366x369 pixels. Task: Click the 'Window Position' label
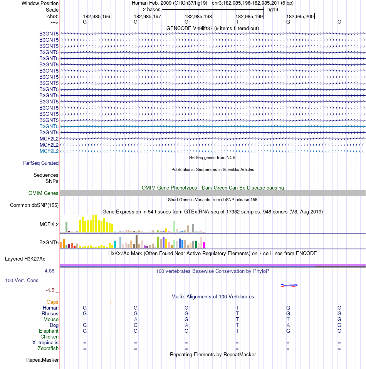(x=40, y=3)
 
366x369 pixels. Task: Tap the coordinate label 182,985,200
(x=300, y=17)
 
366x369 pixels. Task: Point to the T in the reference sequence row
(x=237, y=22)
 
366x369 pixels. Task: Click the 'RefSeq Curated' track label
(x=41, y=163)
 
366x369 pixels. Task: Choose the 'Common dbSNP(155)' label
(x=34, y=205)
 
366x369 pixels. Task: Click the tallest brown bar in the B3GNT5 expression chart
(x=136, y=241)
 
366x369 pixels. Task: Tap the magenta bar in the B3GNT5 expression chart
(x=204, y=245)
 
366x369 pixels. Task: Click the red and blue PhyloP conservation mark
(x=289, y=285)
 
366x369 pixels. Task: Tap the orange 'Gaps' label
(x=52, y=302)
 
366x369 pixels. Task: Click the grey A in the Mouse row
(x=136, y=320)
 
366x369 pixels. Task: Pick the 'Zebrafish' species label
(x=48, y=349)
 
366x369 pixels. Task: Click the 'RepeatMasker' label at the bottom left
(x=42, y=360)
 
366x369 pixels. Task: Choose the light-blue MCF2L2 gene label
(x=49, y=151)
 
